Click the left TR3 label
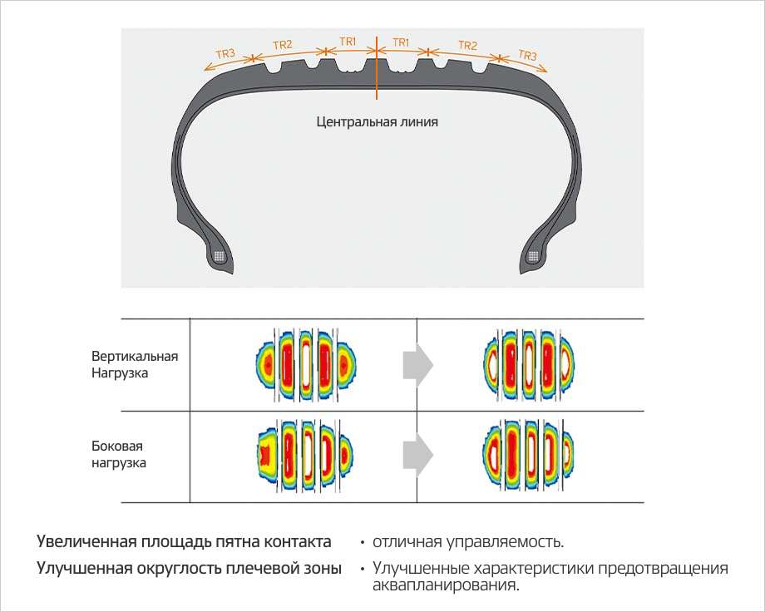[x=225, y=55]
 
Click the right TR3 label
[x=528, y=56]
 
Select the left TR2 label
[x=282, y=45]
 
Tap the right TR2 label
[x=468, y=45]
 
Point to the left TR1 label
[x=348, y=40]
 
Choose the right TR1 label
[x=401, y=41]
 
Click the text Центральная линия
[x=377, y=121]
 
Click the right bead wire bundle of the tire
[x=534, y=257]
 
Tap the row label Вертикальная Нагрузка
[x=135, y=365]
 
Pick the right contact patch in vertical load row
[x=530, y=364]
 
